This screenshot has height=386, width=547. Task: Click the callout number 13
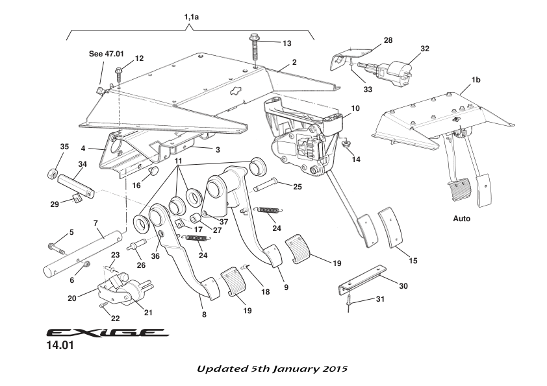(286, 43)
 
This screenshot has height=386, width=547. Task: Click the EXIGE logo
(107, 333)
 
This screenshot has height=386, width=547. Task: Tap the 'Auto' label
(461, 219)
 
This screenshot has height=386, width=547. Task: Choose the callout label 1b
(476, 79)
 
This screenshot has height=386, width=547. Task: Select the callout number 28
(388, 40)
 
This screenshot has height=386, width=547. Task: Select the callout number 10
(355, 108)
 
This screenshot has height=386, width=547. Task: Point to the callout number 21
(148, 313)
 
